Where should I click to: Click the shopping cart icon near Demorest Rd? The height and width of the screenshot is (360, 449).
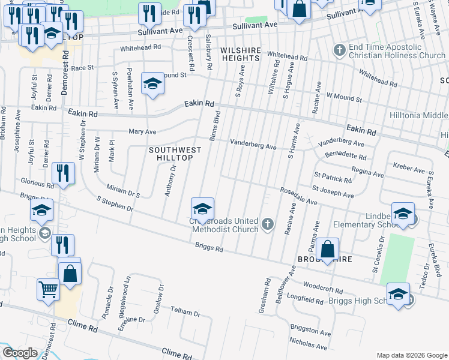(x=48, y=289)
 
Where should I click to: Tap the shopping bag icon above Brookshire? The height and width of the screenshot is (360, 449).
(x=328, y=249)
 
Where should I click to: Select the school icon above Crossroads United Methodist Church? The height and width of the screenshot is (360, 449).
(x=203, y=208)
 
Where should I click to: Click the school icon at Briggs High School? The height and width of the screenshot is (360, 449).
(x=398, y=294)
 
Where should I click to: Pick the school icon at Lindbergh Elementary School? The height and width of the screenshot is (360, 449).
(x=403, y=214)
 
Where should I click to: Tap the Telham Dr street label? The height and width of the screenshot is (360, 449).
(x=185, y=313)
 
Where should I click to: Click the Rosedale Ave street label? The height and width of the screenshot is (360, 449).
(x=298, y=196)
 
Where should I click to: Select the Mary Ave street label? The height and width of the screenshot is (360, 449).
(x=142, y=131)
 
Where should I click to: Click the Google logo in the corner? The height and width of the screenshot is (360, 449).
(x=20, y=353)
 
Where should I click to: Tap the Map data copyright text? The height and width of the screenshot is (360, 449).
(x=411, y=355)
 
